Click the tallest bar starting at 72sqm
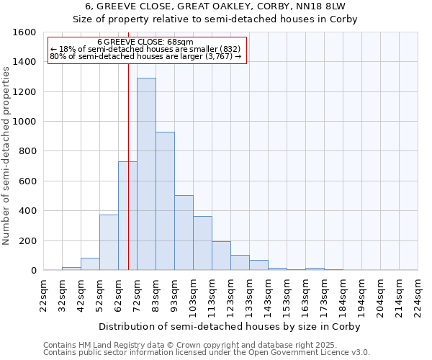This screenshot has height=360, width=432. [x=146, y=174]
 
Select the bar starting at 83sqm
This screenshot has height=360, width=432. [x=165, y=201]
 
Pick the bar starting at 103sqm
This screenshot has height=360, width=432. [x=202, y=243]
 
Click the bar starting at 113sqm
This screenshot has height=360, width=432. [x=221, y=256]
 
